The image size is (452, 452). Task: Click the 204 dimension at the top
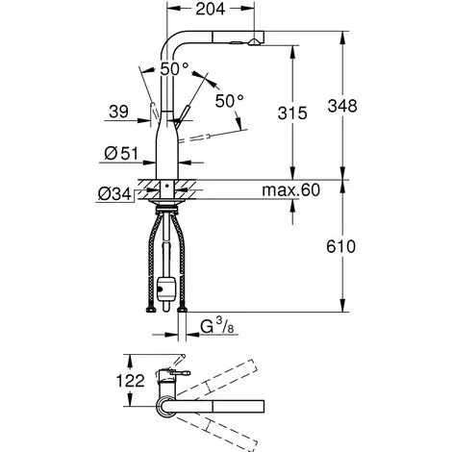point(211,9)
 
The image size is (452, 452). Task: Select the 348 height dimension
point(342,106)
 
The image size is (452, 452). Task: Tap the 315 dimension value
point(292,113)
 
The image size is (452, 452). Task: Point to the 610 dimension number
point(340,247)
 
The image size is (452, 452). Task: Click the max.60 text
point(290,190)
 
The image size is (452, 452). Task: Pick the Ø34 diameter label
point(114,194)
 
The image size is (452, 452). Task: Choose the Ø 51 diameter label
point(121,154)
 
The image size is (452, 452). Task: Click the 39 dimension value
point(118,112)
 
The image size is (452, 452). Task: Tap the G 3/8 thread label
point(217,326)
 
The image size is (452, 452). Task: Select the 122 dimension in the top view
point(130,381)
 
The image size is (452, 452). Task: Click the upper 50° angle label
point(174,68)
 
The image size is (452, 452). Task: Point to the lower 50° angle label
point(229,101)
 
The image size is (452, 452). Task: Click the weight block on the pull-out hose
point(165,289)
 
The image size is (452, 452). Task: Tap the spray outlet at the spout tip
point(255,42)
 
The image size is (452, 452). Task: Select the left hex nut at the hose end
point(150,310)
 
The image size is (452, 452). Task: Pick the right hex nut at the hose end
point(182,310)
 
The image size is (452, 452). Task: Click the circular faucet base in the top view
point(166,407)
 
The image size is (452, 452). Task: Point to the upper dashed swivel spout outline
point(217,378)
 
